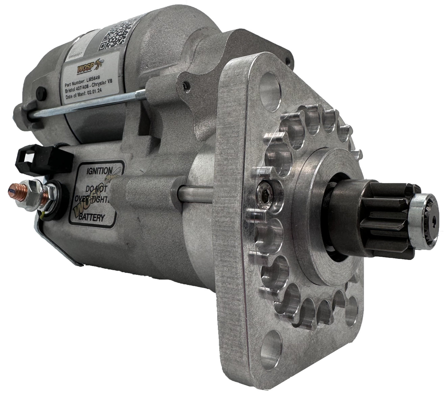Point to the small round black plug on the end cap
(x=41, y=92)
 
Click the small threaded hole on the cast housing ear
(x=186, y=84)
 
